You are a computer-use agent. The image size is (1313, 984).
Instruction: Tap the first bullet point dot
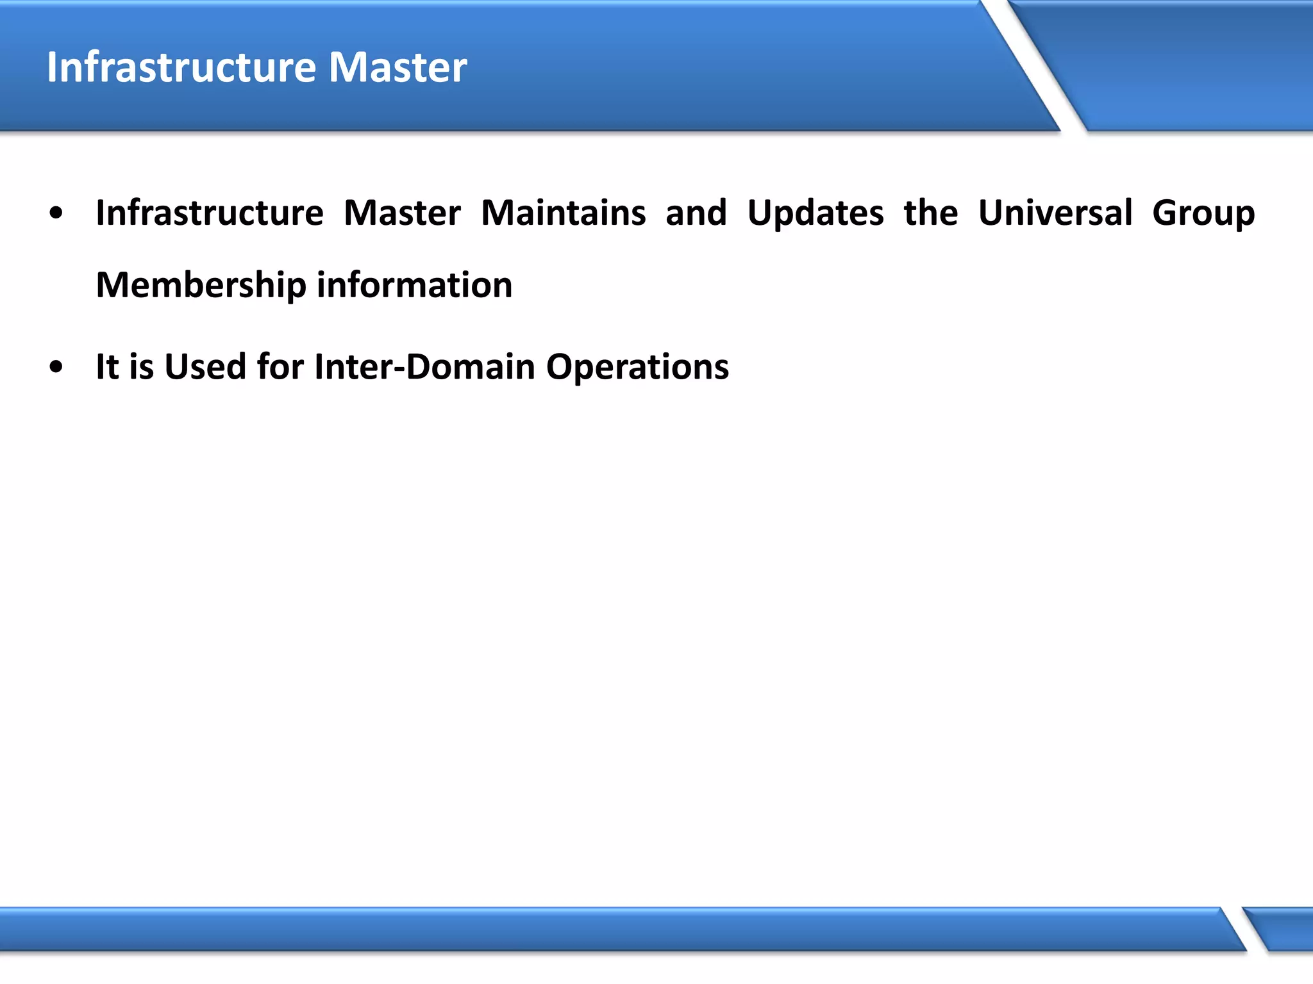pos(56,213)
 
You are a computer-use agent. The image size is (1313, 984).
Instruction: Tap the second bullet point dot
pos(56,368)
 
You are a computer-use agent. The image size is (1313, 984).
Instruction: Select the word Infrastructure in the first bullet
pos(210,213)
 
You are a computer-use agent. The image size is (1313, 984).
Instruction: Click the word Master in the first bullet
pos(402,213)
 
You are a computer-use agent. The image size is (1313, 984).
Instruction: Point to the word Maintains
pos(563,213)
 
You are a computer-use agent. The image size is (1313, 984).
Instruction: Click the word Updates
pos(815,213)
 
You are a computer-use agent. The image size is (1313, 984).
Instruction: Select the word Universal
pos(1055,213)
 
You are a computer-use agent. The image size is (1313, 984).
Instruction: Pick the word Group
pos(1203,214)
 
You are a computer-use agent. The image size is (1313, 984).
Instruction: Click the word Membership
pos(201,285)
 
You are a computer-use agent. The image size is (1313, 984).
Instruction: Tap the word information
pos(414,285)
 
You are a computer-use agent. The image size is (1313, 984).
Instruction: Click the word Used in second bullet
pos(205,367)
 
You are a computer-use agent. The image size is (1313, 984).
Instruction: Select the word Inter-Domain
pos(424,367)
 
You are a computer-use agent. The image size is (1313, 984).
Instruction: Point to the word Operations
pos(637,368)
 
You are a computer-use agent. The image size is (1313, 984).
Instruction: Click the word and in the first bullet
pos(696,213)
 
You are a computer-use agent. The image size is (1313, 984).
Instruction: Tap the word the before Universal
pos(930,213)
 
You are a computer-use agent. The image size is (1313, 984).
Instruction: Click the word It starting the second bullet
pos(107,367)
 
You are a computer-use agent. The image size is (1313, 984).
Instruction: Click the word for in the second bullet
pos(280,367)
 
